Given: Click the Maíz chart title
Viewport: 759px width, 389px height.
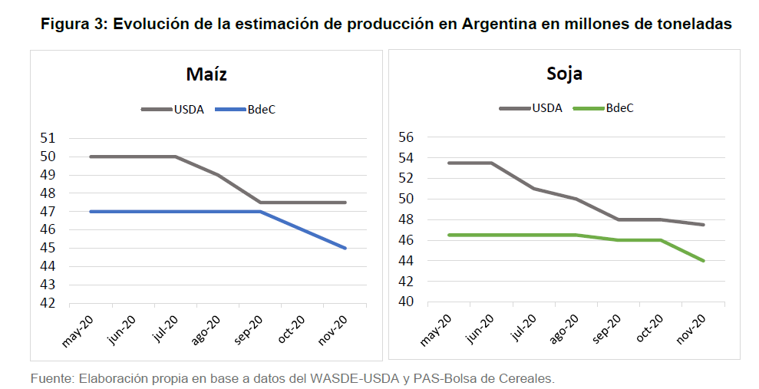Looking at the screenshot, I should pos(206,74).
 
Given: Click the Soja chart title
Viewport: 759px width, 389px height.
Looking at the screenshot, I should pos(564,74).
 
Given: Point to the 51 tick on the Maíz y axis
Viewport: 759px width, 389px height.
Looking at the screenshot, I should pos(48,139).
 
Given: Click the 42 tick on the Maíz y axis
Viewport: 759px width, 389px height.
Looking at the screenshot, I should pos(48,303).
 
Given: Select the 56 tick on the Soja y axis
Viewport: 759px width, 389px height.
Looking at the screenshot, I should pos(406,137).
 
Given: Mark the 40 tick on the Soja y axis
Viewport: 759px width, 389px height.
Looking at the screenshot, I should pos(406,302).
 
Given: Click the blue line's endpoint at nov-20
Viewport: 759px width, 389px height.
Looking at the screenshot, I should pos(346,248).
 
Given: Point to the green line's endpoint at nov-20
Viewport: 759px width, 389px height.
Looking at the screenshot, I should pos(704,261).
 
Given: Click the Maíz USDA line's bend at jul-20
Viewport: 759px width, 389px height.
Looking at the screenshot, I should pos(176,157).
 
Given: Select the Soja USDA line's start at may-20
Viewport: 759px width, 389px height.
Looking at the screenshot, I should pos(449,163).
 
